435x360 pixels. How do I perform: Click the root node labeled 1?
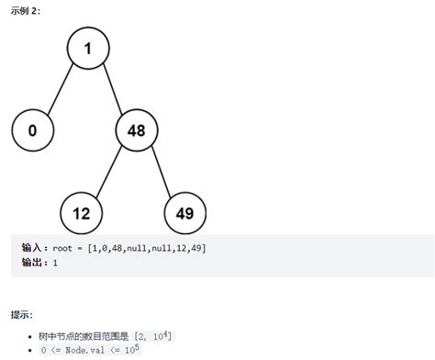(x=88, y=48)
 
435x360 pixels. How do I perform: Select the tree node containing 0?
(x=33, y=130)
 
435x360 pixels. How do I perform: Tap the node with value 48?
(x=137, y=130)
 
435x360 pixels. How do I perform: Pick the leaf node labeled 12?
(x=81, y=213)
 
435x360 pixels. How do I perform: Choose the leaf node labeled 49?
(x=185, y=213)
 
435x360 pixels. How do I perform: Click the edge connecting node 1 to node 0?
(x=61, y=89)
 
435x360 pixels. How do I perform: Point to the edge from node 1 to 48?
(x=113, y=89)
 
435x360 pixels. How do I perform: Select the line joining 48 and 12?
(x=109, y=172)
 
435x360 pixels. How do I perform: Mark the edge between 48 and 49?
(x=162, y=172)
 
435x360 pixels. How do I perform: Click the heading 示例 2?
(x=26, y=11)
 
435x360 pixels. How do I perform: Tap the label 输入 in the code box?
(x=31, y=247)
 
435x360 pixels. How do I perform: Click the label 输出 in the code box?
(x=31, y=263)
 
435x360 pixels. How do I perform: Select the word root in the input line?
(x=62, y=248)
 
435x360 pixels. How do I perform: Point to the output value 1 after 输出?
(x=55, y=263)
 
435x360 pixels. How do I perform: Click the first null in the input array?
(x=137, y=248)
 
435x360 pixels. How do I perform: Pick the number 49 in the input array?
(x=196, y=248)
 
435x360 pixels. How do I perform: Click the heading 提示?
(x=22, y=314)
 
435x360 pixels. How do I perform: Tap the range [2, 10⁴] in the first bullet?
(x=153, y=336)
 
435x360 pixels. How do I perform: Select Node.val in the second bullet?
(x=85, y=350)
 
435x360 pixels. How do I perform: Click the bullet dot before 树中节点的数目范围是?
(x=29, y=337)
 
